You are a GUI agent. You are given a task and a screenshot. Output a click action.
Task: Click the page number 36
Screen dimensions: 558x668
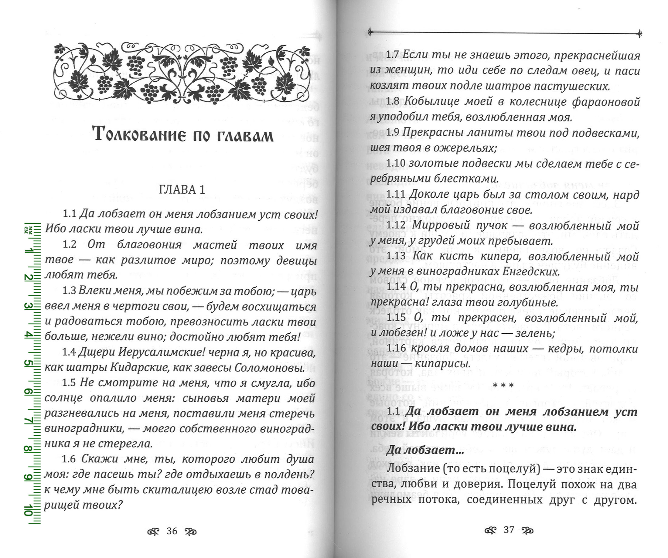click(x=172, y=531)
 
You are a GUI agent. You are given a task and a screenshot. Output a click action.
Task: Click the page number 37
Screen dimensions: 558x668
click(x=509, y=530)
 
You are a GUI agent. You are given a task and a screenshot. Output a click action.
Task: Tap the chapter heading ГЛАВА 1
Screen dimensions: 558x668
click(x=182, y=190)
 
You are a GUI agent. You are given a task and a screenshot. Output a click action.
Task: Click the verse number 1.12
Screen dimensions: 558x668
click(x=396, y=226)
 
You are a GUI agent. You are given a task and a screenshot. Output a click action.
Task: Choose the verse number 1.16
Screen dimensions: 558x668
click(x=396, y=348)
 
